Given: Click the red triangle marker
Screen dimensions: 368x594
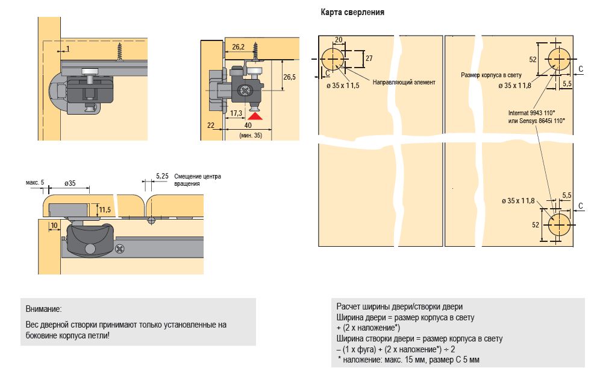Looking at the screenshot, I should (x=256, y=116).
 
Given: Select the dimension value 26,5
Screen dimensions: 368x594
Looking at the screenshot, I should (x=289, y=77).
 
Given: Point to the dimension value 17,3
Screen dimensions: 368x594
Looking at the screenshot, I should (x=236, y=113).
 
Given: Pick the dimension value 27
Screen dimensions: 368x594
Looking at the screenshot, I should (x=369, y=59).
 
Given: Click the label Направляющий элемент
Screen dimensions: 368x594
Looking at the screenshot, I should (x=404, y=81).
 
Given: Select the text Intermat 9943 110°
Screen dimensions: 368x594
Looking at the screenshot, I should (x=532, y=112).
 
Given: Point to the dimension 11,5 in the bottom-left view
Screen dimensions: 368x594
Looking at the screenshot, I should (x=104, y=210).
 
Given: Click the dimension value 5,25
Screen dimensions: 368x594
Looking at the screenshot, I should (x=161, y=176).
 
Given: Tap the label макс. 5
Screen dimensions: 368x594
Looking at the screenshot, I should (x=35, y=182).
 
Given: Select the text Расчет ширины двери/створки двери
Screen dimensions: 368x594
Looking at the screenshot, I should (x=399, y=306).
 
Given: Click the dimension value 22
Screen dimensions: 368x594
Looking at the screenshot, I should (x=210, y=125).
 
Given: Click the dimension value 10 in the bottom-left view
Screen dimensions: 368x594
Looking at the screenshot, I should (x=55, y=226).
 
